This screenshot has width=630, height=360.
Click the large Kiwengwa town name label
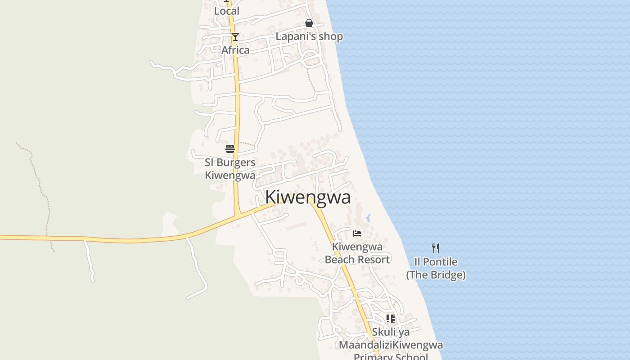pos(308,197)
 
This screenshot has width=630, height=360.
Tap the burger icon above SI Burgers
pos(230,149)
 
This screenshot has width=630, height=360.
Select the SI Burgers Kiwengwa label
pos(230,169)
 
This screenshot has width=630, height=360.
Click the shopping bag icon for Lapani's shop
pos(309,23)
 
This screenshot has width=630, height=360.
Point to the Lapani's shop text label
pos(309,36)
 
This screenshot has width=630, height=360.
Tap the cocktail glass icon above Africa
pos(235,37)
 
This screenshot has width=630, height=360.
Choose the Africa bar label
pos(235,50)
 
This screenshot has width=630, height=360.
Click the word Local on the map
pos(226,11)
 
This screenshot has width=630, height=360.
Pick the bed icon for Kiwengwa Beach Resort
pos(357,233)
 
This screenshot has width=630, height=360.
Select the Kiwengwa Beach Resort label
pos(357,253)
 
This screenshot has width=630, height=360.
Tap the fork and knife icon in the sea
pos(436,248)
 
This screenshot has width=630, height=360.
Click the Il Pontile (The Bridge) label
pos(436,268)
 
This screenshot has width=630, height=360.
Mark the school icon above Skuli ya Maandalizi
pos(390,319)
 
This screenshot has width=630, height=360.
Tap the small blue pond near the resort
pos(368,218)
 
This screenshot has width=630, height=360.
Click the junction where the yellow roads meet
pos(237,214)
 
